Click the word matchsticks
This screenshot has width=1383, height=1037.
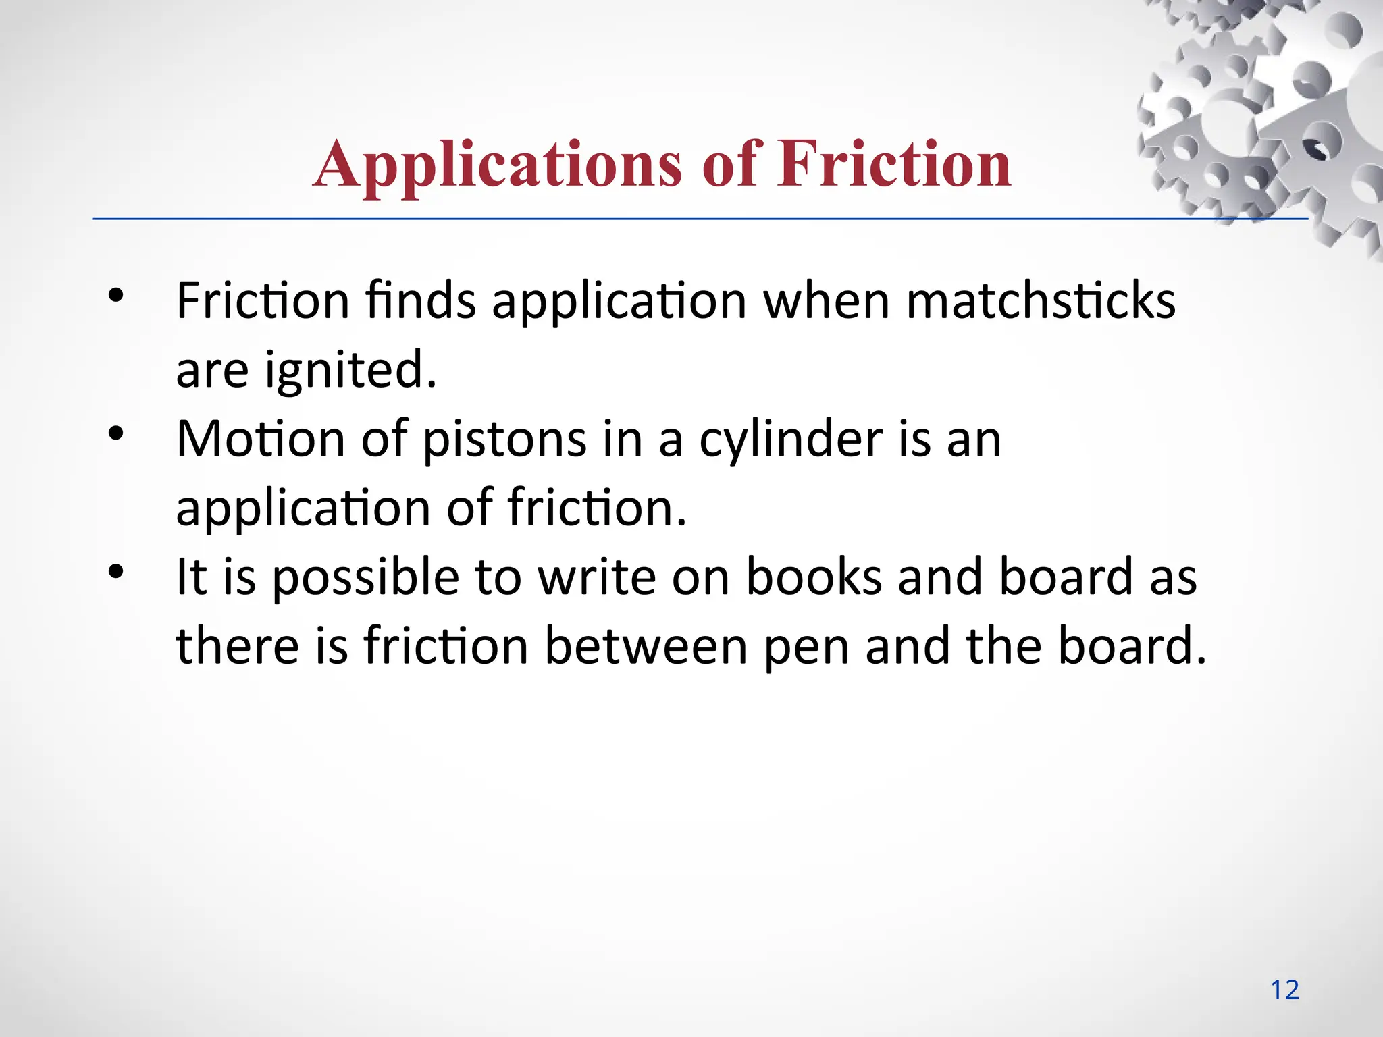(1041, 300)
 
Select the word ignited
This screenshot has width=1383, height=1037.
(350, 370)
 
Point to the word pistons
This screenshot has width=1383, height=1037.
(504, 439)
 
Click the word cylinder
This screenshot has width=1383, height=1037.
(791, 440)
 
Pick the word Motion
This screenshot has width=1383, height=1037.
(261, 439)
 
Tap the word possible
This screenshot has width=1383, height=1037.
(365, 578)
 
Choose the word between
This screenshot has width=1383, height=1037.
(646, 646)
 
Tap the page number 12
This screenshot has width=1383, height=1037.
(1284, 990)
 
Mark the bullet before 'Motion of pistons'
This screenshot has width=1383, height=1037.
(116, 433)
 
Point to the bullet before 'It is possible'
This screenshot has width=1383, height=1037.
(116, 572)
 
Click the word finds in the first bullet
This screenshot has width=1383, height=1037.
(420, 300)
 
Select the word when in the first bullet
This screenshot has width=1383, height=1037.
(826, 300)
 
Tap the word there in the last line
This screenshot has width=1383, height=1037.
(237, 646)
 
